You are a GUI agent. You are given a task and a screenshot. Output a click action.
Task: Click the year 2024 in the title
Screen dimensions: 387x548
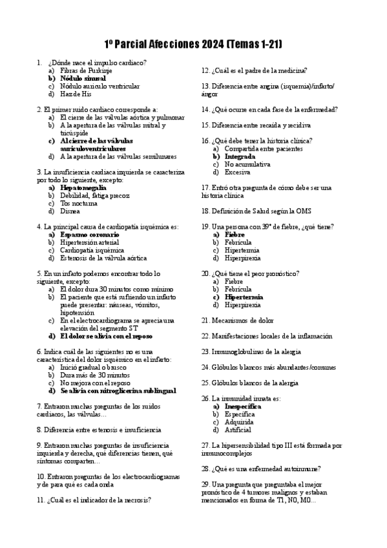[x=211, y=44]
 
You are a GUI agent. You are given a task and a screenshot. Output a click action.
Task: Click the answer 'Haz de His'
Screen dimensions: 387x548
[x=76, y=94]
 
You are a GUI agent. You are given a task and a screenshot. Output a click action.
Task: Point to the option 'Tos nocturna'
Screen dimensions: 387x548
[x=78, y=203]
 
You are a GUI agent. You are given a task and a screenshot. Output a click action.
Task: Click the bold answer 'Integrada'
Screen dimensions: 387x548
[x=240, y=156]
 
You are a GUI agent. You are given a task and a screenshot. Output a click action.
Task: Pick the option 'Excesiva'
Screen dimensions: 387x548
[x=238, y=172]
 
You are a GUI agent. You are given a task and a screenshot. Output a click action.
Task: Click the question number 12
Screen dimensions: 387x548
[x=205, y=70]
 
